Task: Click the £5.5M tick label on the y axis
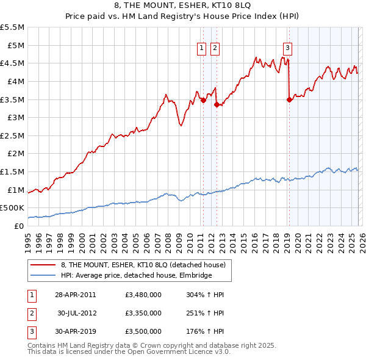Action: tap(12, 27)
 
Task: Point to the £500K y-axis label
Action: tap(12, 208)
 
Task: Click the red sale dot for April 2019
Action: tap(289, 100)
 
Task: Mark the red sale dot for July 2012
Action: tap(216, 104)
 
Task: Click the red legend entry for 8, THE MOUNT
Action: tap(143, 265)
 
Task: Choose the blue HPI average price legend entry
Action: tap(136, 275)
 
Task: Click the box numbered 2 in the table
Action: tap(30, 313)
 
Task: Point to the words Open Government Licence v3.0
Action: tap(182, 352)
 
